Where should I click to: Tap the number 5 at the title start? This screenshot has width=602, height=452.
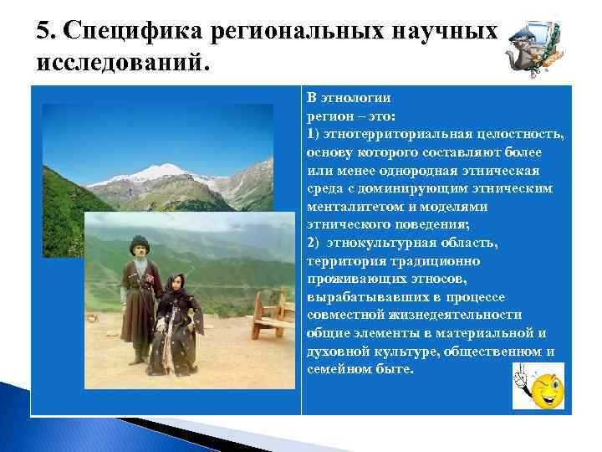tap(43, 31)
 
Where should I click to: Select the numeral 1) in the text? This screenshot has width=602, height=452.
tap(313, 134)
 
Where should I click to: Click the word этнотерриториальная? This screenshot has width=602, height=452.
tap(388, 134)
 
